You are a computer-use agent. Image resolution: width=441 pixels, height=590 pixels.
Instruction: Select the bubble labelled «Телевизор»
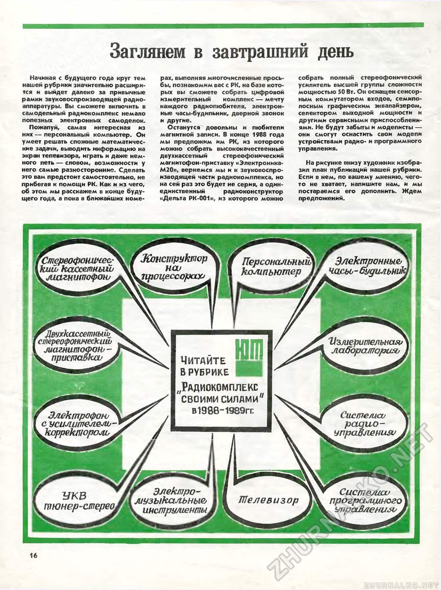(x=269, y=500)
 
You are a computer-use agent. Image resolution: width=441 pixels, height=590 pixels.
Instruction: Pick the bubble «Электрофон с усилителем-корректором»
(x=76, y=423)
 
